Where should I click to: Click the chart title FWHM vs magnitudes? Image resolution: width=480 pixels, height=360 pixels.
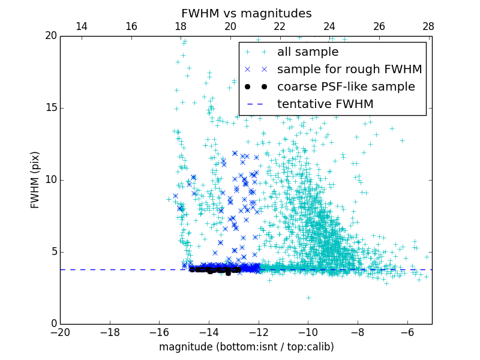(246, 13)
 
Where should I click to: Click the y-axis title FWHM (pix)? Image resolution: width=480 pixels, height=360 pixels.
(35, 180)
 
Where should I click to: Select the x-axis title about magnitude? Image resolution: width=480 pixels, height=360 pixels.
(246, 347)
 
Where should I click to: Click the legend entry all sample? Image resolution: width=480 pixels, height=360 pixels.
(308, 52)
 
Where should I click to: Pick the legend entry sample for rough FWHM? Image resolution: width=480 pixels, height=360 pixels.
(349, 70)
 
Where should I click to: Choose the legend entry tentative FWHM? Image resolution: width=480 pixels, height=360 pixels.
(325, 104)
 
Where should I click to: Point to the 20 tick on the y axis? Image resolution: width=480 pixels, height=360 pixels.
(50, 36)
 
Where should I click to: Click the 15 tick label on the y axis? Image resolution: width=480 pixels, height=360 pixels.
(50, 108)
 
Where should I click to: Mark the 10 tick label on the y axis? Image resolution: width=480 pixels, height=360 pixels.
(50, 180)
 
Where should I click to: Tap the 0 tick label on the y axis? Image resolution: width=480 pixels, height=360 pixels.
(53, 324)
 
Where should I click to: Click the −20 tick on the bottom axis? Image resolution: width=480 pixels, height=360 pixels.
(60, 332)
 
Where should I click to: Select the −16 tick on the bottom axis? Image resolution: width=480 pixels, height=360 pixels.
(159, 332)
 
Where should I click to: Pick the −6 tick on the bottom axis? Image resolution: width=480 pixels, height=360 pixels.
(407, 332)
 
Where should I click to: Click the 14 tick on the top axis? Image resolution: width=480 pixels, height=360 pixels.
(82, 26)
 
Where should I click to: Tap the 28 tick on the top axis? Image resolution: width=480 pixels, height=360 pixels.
(428, 26)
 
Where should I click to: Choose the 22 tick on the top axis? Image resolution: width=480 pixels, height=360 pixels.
(280, 26)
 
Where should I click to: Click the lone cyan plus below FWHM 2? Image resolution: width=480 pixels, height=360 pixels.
(308, 298)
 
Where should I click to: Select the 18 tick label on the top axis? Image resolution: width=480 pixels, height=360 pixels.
(181, 26)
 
